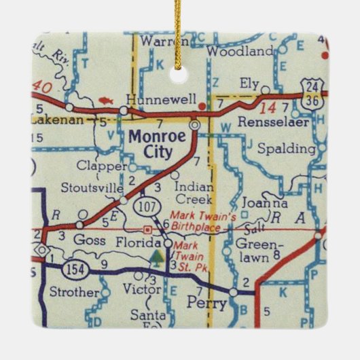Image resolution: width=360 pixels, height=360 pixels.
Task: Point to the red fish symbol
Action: coord(104,101)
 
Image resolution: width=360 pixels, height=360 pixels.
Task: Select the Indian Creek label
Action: coord(194,193)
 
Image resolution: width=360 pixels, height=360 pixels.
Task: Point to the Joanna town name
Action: coord(267,202)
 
